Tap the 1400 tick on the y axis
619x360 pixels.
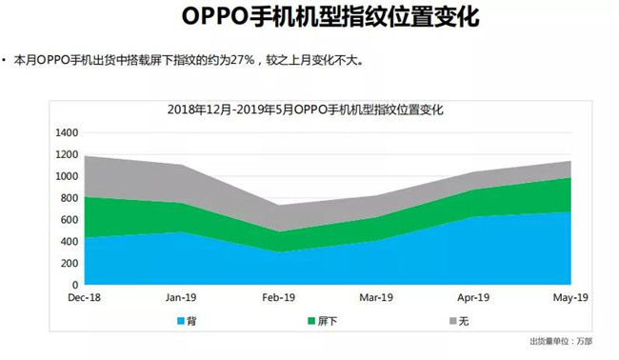(68, 132)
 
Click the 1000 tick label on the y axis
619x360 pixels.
(68, 176)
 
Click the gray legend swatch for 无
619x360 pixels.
(449, 320)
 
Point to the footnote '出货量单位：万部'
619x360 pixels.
(560, 341)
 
